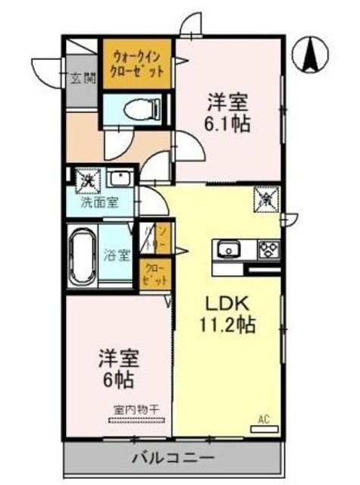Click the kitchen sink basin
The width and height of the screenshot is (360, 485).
pyautogui.click(x=227, y=251)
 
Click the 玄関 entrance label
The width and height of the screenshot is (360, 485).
pyautogui.click(x=81, y=77)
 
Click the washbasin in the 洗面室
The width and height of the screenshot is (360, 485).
pyautogui.click(x=119, y=180)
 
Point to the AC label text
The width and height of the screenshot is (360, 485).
pyautogui.click(x=264, y=419)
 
